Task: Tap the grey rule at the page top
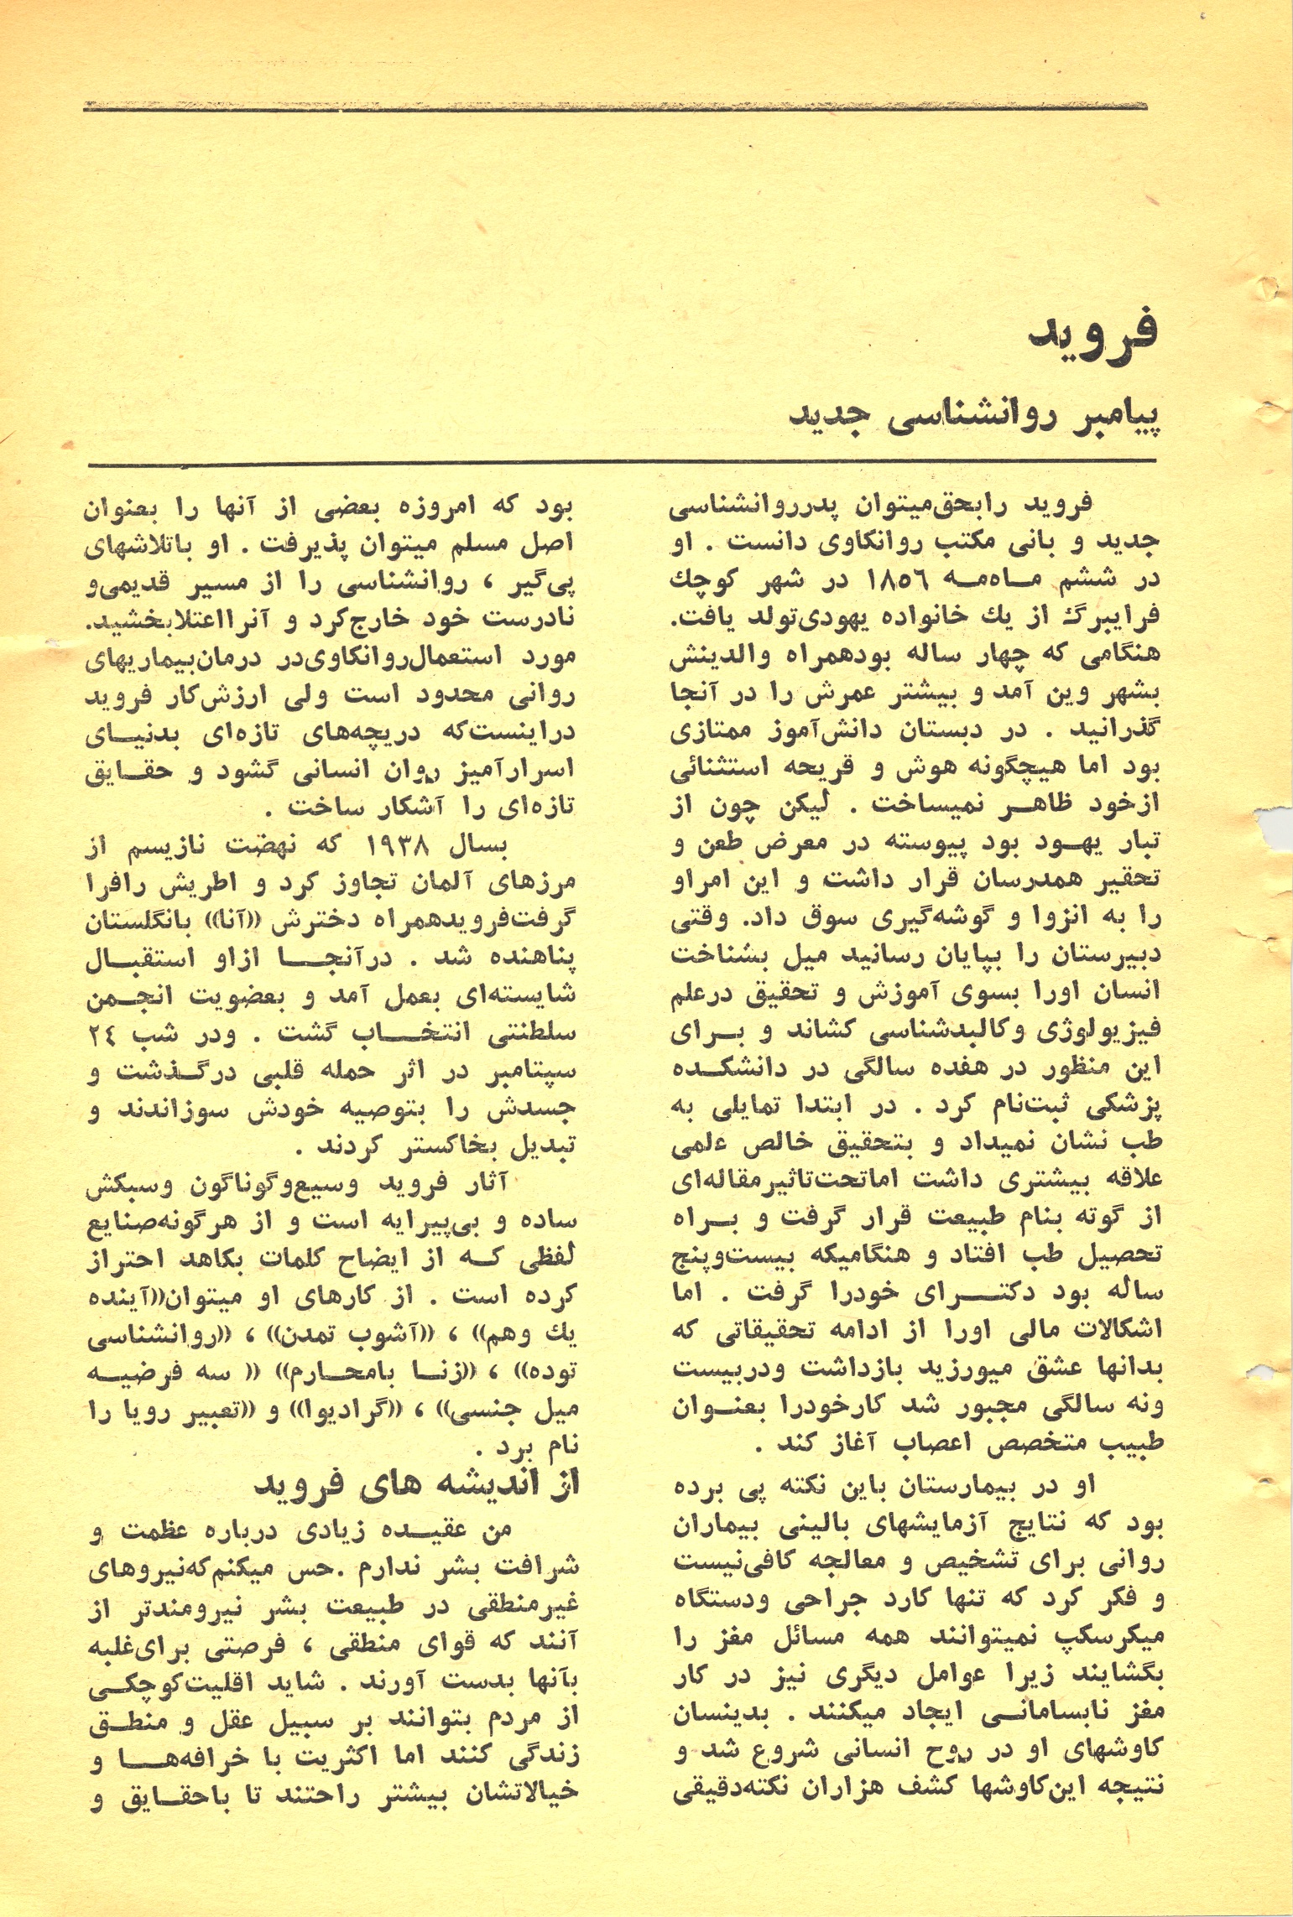[613, 107]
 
